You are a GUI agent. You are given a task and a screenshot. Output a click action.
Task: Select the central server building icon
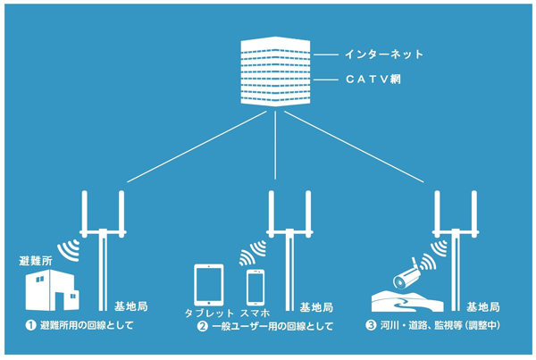click(x=276, y=71)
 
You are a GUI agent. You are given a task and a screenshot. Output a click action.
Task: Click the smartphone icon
click(x=255, y=287)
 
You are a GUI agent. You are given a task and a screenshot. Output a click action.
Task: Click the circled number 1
click(x=29, y=327)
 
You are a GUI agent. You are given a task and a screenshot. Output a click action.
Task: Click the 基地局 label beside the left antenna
click(x=131, y=306)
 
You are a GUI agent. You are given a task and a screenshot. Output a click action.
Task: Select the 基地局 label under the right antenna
click(x=482, y=306)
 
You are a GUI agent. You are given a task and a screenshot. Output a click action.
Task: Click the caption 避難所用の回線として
click(x=84, y=327)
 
